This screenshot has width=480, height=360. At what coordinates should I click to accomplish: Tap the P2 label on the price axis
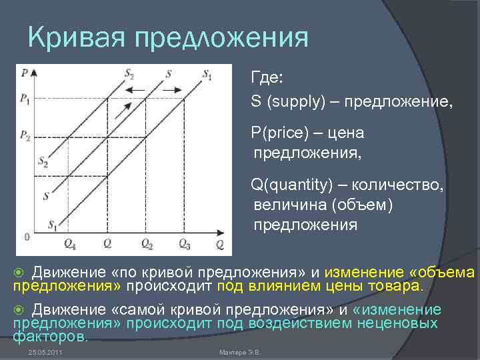point(25,137)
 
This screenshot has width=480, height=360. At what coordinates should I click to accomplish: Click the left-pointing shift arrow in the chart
point(139,89)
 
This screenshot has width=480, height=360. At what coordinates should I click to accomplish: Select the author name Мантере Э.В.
point(239,351)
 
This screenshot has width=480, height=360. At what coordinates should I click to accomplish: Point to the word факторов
point(50,336)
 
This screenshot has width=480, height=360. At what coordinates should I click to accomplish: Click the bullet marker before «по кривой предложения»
point(19,272)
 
